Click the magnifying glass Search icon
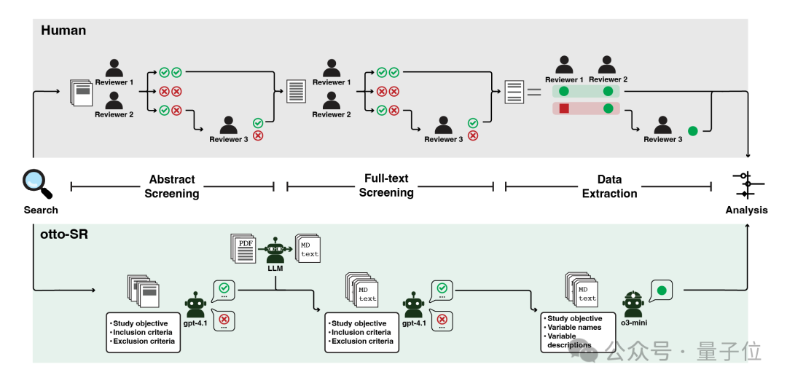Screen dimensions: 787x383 pyautogui.click(x=37, y=184)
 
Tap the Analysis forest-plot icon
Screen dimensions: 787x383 pyautogui.click(x=748, y=184)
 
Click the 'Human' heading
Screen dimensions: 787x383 pyautogui.click(x=63, y=30)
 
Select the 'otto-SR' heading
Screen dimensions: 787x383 pyautogui.click(x=64, y=234)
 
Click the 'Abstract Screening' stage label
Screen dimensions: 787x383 pyautogui.click(x=172, y=186)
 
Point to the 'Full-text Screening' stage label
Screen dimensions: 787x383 pyautogui.click(x=386, y=186)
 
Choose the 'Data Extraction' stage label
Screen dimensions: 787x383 pyautogui.click(x=609, y=186)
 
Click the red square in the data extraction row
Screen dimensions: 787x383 pyautogui.click(x=563, y=108)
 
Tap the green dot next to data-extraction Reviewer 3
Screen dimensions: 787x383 pyautogui.click(x=693, y=131)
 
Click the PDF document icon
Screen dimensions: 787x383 pyautogui.click(x=243, y=247)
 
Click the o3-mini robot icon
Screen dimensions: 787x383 pyautogui.click(x=633, y=304)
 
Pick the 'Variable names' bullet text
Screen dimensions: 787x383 pyautogui.click(x=574, y=328)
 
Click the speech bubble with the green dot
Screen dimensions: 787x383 pyautogui.click(x=661, y=291)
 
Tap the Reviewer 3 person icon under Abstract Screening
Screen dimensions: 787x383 pyautogui.click(x=228, y=125)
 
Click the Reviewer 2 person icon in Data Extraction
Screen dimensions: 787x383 pyautogui.click(x=607, y=65)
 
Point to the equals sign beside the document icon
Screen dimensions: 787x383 pyautogui.click(x=534, y=92)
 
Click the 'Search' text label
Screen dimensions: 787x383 pyautogui.click(x=41, y=210)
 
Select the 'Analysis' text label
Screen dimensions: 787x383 pyautogui.click(x=746, y=210)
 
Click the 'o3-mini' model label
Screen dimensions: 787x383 pyautogui.click(x=633, y=323)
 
